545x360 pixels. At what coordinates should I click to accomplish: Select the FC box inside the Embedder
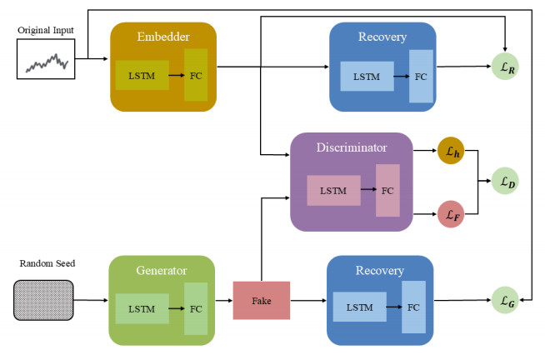click(196, 75)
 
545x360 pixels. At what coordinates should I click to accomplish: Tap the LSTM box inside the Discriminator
click(333, 191)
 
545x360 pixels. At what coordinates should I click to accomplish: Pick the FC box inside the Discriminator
click(387, 191)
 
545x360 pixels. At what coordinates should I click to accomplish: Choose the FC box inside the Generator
click(195, 309)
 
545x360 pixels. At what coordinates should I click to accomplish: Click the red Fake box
click(262, 301)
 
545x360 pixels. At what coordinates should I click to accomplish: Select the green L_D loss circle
click(505, 180)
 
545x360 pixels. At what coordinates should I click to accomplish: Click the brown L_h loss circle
click(450, 151)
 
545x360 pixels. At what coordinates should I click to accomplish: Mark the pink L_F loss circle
click(450, 214)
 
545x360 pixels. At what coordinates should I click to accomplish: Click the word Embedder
click(163, 37)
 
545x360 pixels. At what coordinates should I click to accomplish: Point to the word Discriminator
click(351, 147)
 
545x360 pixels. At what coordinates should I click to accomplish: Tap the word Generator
click(162, 271)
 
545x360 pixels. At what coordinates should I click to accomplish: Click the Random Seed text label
click(47, 264)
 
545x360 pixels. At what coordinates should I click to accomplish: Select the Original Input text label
click(46, 31)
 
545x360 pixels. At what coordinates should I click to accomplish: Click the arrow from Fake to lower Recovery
click(308, 301)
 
